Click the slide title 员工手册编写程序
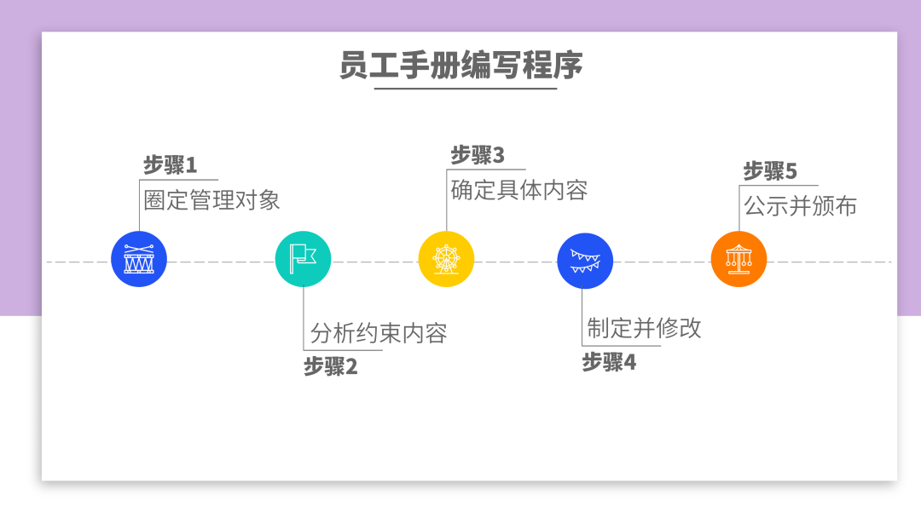(x=460, y=66)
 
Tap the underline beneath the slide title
(x=466, y=88)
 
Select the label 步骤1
(x=170, y=164)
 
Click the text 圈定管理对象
(x=211, y=200)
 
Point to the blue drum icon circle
(x=139, y=259)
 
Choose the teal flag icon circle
(x=303, y=259)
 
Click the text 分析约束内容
(x=379, y=332)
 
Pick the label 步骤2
(x=331, y=367)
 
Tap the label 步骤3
(x=478, y=155)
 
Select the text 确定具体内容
(x=519, y=189)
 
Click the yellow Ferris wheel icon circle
(x=446, y=259)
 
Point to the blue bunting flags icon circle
(x=585, y=260)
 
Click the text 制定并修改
(x=644, y=328)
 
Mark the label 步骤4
(x=609, y=363)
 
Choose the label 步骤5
(x=770, y=171)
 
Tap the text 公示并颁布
(x=800, y=206)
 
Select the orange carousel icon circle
(x=739, y=259)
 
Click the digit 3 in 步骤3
(x=499, y=155)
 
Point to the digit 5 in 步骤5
(x=791, y=171)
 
